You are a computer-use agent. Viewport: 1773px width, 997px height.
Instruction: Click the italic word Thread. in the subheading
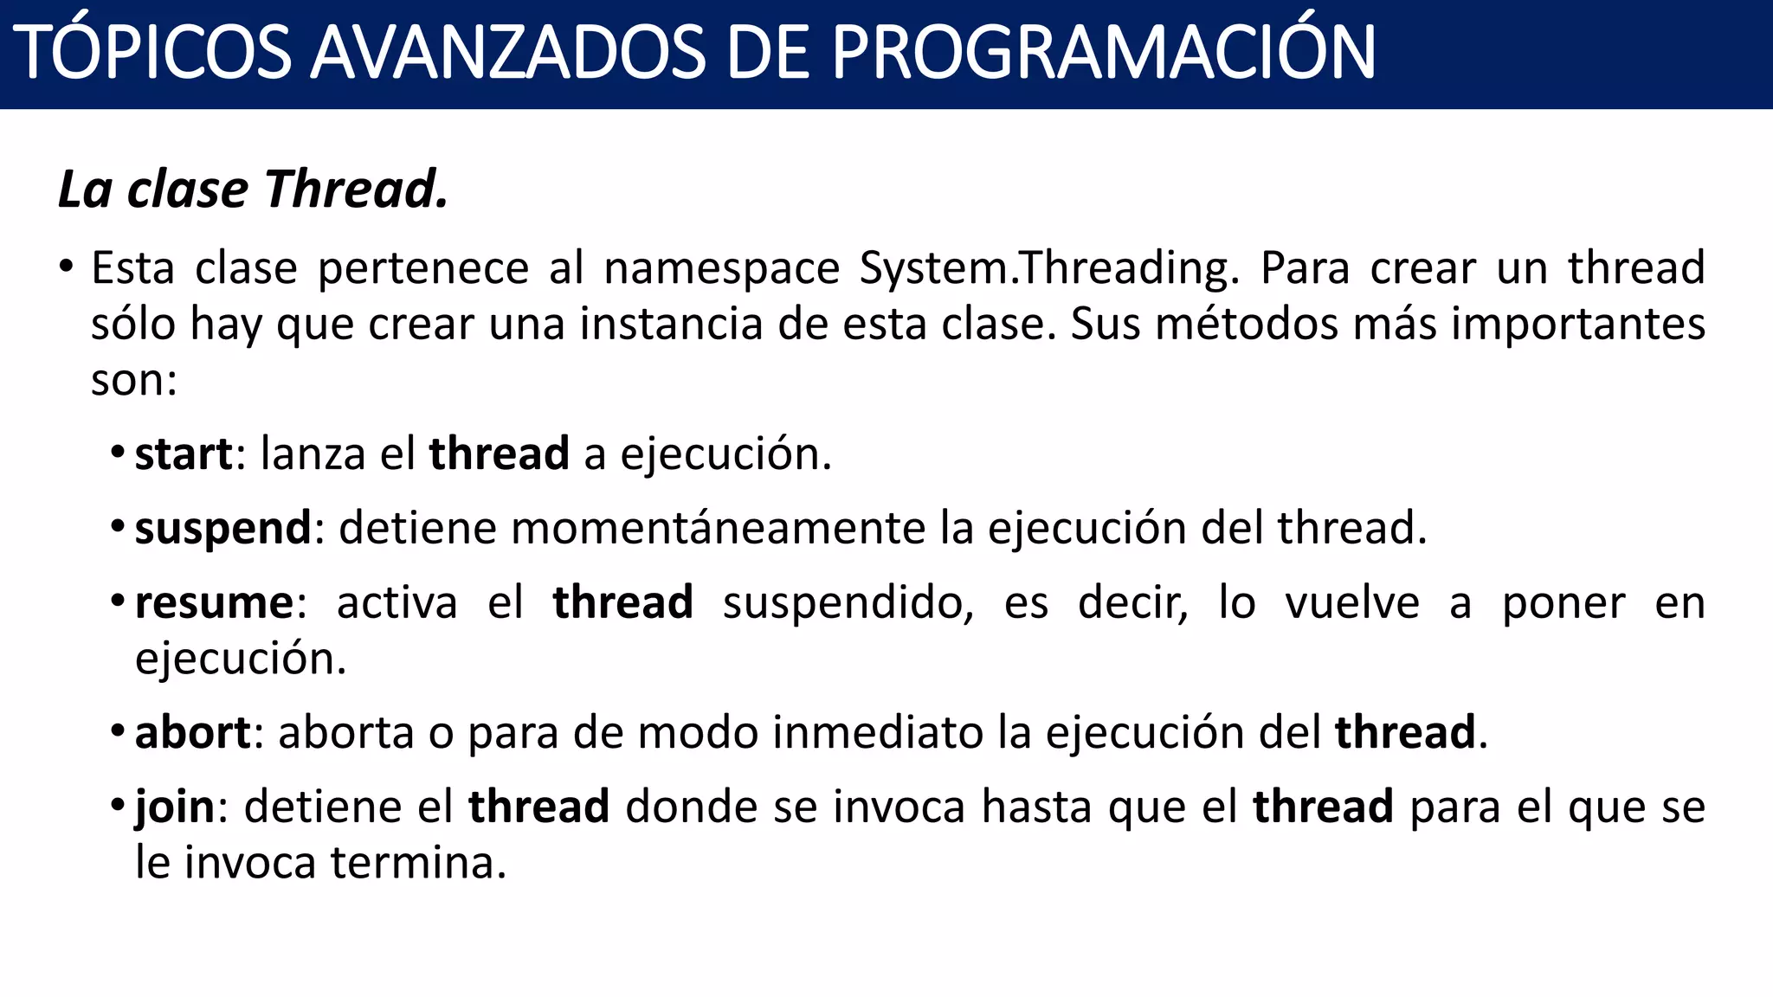(x=357, y=189)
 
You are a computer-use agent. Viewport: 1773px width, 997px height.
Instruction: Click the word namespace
(x=722, y=267)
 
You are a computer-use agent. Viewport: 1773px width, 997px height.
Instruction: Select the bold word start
(x=184, y=453)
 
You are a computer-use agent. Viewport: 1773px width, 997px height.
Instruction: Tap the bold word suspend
(x=222, y=528)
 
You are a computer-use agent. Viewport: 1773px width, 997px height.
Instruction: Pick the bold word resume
(x=214, y=602)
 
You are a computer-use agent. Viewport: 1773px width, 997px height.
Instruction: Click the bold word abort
(x=192, y=732)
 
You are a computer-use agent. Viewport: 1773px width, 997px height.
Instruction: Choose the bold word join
(x=175, y=807)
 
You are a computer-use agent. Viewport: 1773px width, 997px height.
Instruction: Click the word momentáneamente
(x=719, y=528)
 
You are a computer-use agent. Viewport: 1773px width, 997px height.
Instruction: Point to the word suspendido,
(x=848, y=602)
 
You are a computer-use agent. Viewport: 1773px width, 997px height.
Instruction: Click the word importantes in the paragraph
(x=1578, y=324)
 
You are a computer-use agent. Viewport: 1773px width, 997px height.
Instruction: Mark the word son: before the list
(x=134, y=380)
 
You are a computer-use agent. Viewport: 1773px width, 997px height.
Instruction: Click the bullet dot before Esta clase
(x=67, y=267)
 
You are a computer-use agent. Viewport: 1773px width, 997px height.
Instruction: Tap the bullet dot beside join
(x=118, y=806)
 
